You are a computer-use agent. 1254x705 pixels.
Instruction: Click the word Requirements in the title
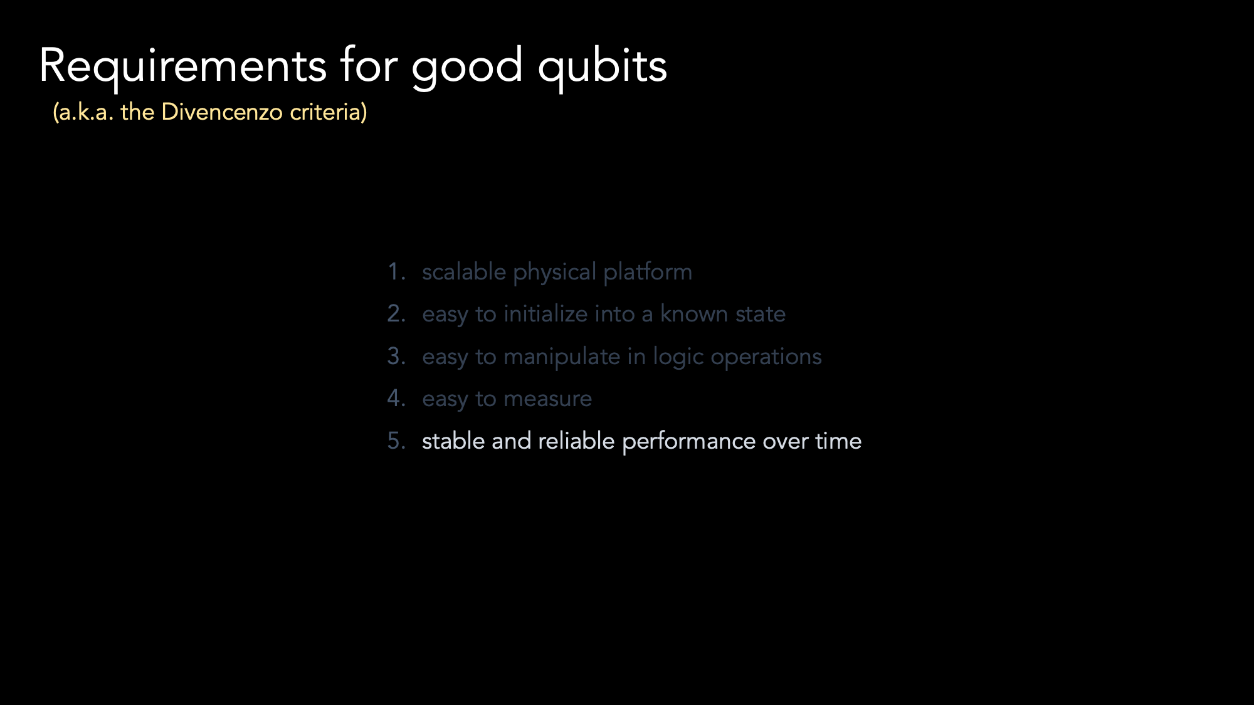pyautogui.click(x=182, y=66)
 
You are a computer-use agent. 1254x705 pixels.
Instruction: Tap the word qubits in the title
pyautogui.click(x=603, y=66)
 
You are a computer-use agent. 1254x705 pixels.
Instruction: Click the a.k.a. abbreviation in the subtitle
pyautogui.click(x=83, y=113)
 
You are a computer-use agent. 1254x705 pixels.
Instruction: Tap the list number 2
pyautogui.click(x=396, y=313)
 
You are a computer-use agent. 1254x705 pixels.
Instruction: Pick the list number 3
pyautogui.click(x=396, y=356)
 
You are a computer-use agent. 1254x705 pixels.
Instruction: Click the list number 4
pyautogui.click(x=396, y=398)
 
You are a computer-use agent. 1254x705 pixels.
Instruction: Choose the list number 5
pyautogui.click(x=396, y=441)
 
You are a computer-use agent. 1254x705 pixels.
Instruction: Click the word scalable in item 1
pyautogui.click(x=464, y=272)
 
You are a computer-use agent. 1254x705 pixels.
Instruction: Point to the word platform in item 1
pyautogui.click(x=648, y=272)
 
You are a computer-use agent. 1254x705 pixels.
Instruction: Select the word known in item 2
pyautogui.click(x=694, y=313)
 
